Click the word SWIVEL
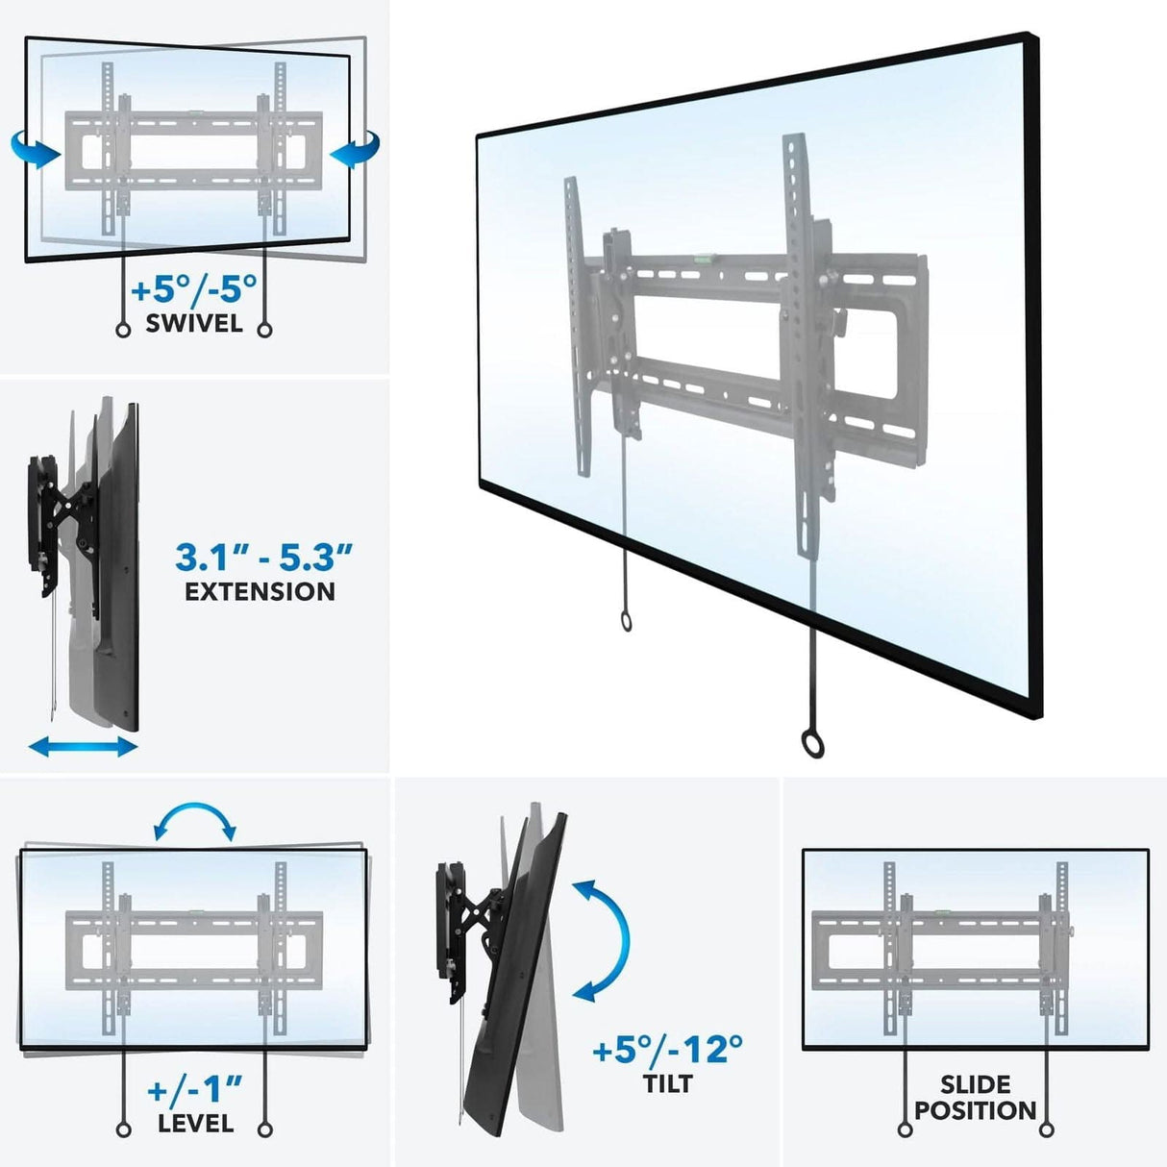coord(194,324)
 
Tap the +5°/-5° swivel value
coord(194,289)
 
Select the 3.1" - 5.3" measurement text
coord(263,557)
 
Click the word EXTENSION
coord(261,592)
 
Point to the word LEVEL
coord(196,1123)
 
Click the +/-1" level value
coord(195,1090)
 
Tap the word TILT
coord(667,1084)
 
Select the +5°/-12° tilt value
coord(667,1050)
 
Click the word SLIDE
coord(976,1085)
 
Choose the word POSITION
coord(976,1111)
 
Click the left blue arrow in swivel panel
coord(35,150)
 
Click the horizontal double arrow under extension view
coord(84,746)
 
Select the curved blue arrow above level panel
coord(195,821)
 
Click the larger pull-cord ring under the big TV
coord(812,742)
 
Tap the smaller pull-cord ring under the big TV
coord(626,622)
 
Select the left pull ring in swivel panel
coord(123,330)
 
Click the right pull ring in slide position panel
coord(1047,1130)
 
